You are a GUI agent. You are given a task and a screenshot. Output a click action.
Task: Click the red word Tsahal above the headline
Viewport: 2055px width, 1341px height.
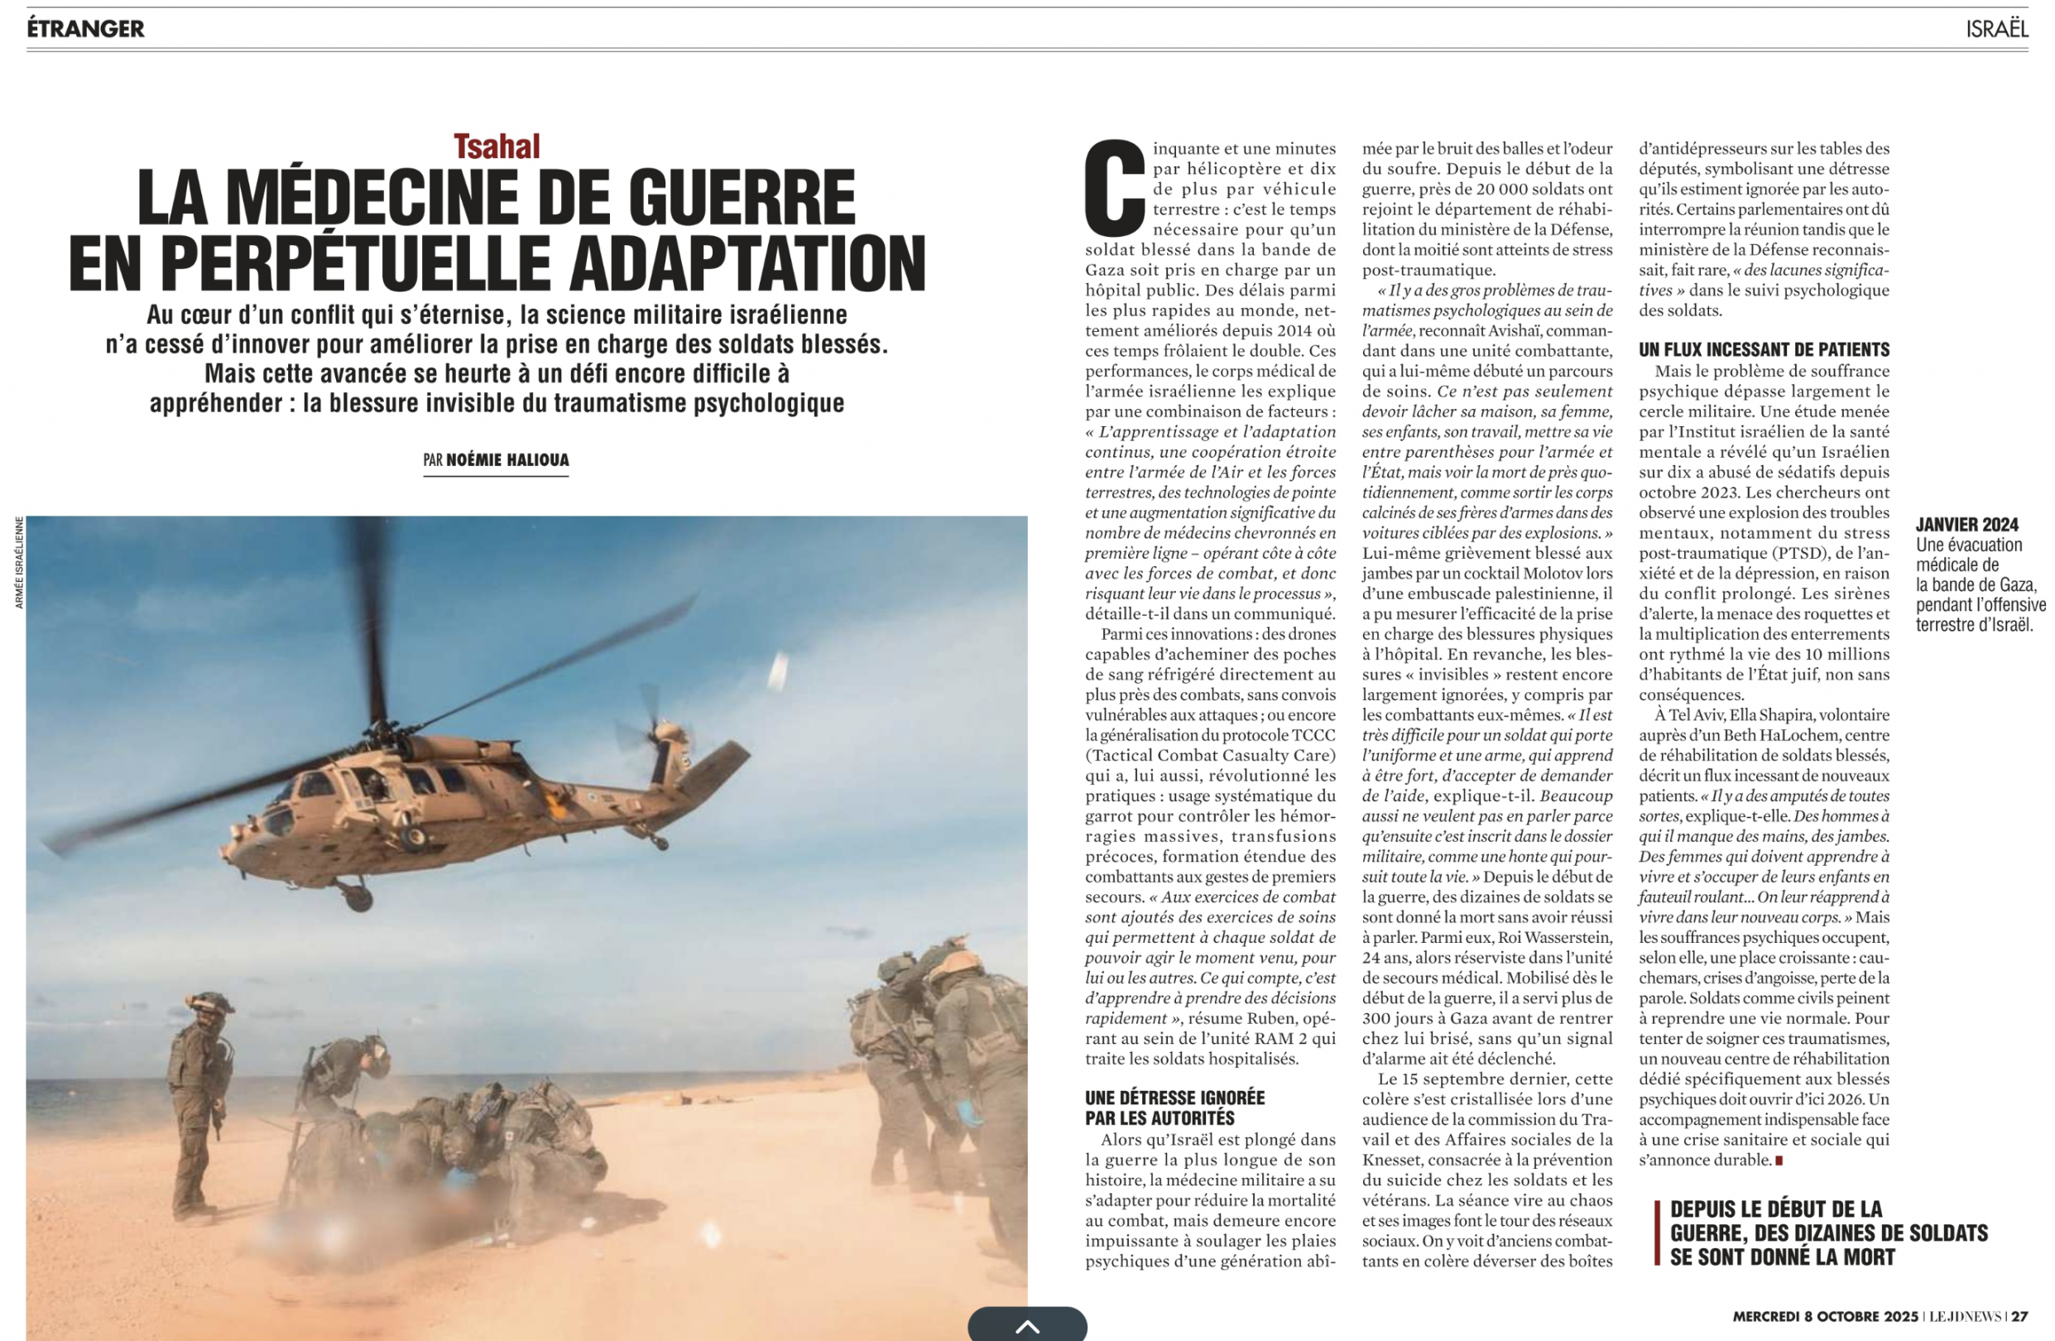tap(497, 147)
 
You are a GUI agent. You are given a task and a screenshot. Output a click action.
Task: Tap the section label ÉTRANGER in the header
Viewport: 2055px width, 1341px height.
tap(85, 28)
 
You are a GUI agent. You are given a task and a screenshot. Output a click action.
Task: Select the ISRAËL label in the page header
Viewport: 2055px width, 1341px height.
tap(1996, 28)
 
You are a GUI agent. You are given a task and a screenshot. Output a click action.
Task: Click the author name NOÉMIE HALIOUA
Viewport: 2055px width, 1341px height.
tap(507, 460)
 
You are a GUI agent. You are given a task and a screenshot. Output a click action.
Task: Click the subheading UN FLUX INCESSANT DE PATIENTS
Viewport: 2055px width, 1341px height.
tap(1764, 349)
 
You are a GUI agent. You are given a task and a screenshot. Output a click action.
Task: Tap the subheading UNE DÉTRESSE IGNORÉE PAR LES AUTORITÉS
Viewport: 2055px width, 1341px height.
tap(1174, 1108)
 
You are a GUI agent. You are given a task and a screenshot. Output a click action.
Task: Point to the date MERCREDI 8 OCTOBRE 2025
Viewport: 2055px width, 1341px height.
tap(1824, 1317)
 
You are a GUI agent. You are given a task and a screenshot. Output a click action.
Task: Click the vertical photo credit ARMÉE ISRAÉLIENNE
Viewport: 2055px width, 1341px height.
tap(19, 562)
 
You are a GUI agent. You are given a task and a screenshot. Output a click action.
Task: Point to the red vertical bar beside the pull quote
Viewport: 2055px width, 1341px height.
tap(1657, 1233)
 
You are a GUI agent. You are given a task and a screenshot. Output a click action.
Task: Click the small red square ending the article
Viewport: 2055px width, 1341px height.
tap(1779, 1161)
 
